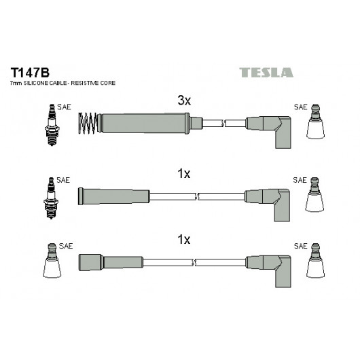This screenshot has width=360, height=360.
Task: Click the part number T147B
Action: pyautogui.click(x=30, y=73)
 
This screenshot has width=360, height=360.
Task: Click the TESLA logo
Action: pyautogui.click(x=266, y=73)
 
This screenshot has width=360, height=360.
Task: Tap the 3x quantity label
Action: pyautogui.click(x=184, y=101)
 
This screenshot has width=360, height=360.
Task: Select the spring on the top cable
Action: pyautogui.click(x=88, y=123)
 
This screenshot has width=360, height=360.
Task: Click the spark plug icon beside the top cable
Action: pyautogui.click(x=52, y=125)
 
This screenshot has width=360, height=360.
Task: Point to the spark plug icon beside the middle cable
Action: pyautogui.click(x=51, y=198)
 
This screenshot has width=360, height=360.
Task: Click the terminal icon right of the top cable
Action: pyautogui.click(x=315, y=122)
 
